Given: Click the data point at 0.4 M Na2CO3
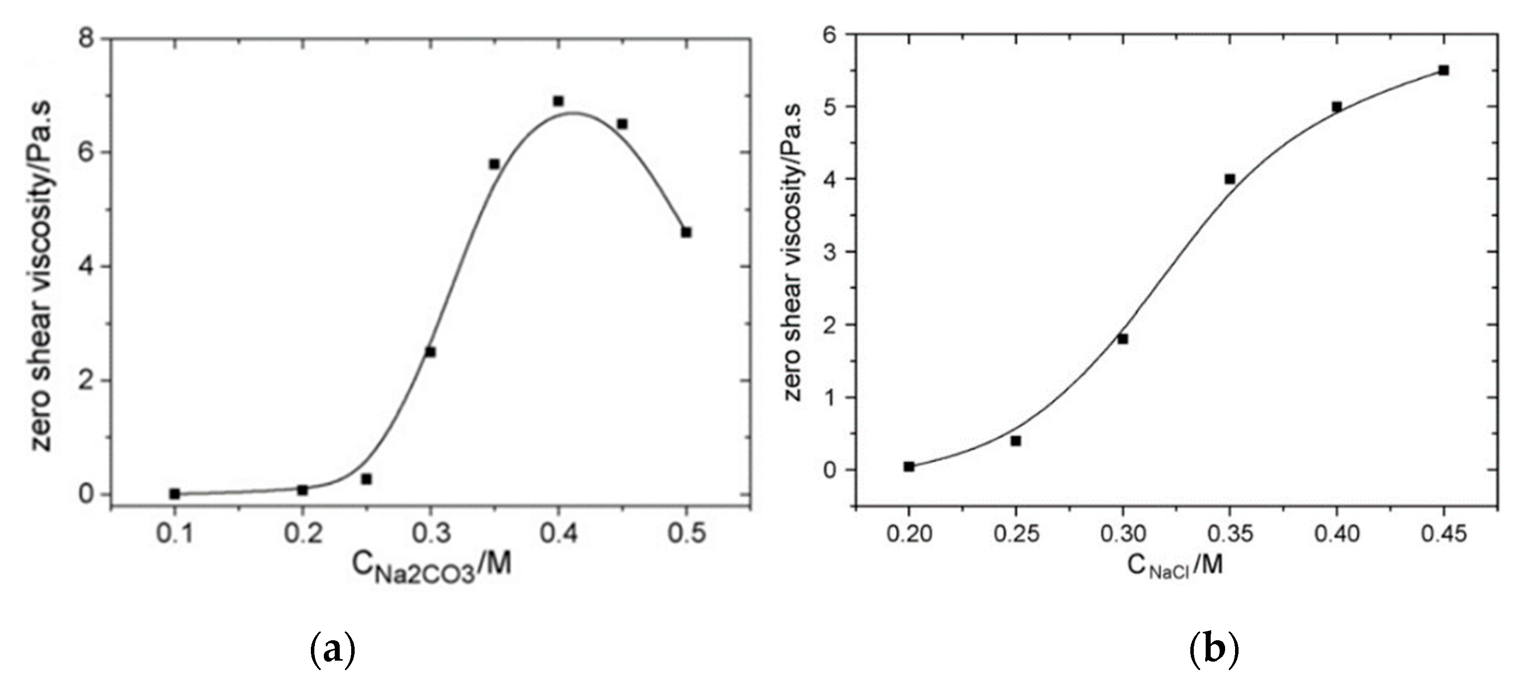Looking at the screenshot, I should pos(558,101).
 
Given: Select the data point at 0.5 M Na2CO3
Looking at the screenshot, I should pos(686,232).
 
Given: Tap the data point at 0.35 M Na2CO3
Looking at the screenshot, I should pos(494,164).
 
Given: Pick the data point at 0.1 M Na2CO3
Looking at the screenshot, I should pos(175,494).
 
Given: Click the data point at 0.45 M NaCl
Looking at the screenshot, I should pos(1443,70).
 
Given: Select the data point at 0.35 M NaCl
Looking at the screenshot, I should pos(1230,179).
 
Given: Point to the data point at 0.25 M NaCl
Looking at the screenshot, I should pos(1016,441).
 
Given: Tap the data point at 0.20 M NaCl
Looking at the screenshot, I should pos(909,467).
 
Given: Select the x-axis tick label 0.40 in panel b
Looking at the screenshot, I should pos(1337,534).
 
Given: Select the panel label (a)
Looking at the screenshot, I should pos(333,651).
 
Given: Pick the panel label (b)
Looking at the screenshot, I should pos(1213,651).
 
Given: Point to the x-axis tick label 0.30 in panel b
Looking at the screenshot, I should pos(1123,534).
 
